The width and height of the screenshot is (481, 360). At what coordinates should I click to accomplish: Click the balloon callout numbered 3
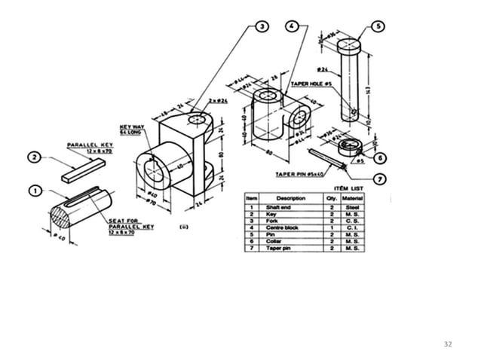[x=261, y=26]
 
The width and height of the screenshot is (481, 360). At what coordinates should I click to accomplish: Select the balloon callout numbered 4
[x=292, y=26]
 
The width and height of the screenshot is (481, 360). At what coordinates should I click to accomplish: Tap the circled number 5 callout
[x=379, y=26]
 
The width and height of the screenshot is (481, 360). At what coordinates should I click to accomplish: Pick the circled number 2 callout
[x=35, y=157]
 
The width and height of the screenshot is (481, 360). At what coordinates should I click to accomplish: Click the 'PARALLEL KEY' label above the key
[x=89, y=144]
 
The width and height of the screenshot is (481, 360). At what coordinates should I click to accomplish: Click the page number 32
[x=448, y=344]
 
